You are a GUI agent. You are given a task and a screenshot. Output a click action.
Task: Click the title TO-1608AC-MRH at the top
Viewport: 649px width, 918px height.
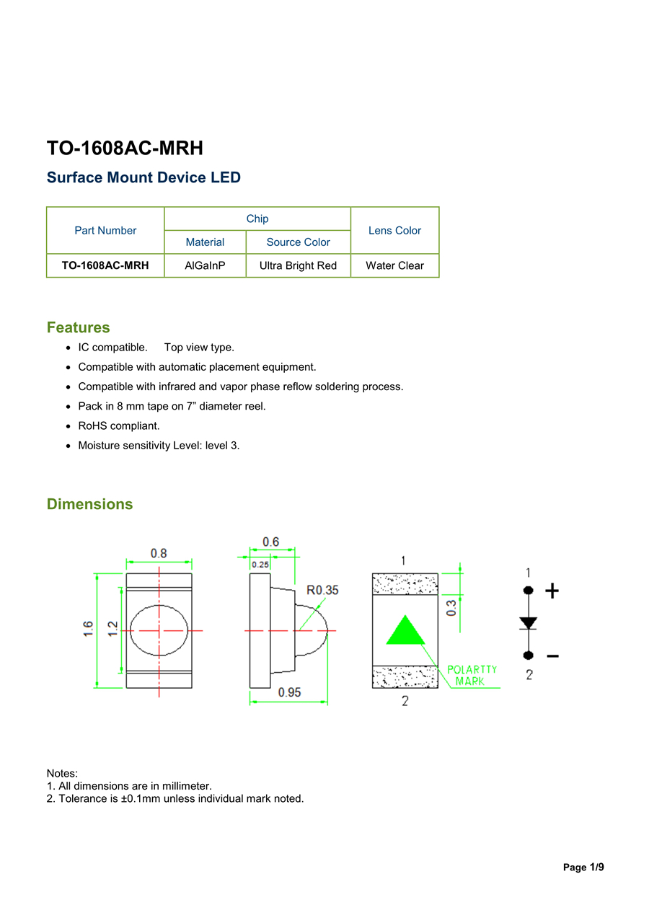(x=125, y=148)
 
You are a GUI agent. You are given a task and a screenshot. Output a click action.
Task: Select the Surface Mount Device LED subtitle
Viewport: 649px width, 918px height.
(x=144, y=177)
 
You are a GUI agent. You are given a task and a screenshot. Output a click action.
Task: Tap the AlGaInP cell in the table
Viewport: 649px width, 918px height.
(x=205, y=265)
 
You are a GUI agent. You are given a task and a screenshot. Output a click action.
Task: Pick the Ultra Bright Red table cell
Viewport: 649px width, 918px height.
(x=298, y=265)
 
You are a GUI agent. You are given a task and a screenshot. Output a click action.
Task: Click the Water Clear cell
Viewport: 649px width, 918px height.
(x=394, y=265)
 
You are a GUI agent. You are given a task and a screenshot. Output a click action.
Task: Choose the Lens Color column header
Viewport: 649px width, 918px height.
(x=394, y=231)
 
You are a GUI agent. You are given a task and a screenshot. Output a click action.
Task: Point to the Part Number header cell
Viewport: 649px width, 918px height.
(x=105, y=231)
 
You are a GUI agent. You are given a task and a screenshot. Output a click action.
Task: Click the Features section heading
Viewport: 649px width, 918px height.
(x=79, y=327)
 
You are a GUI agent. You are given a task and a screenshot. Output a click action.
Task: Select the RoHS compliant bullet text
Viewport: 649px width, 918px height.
(x=119, y=425)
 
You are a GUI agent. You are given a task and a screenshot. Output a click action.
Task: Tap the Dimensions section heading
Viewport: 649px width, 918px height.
(x=89, y=504)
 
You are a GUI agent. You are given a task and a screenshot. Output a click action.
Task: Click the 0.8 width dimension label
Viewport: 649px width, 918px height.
(x=159, y=553)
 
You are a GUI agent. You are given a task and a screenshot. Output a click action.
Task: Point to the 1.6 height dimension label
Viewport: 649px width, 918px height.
(x=88, y=629)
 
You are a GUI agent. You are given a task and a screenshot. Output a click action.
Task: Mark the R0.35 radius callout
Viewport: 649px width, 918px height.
(x=322, y=590)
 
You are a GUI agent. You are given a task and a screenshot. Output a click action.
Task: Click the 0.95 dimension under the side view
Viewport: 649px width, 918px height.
(x=289, y=692)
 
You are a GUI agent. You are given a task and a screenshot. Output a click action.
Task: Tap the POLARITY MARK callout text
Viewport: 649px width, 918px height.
(x=472, y=675)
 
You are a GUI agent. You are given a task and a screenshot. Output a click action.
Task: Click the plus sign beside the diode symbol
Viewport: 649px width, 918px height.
(x=552, y=591)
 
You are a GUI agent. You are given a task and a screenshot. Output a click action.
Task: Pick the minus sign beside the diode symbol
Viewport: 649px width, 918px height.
(x=552, y=656)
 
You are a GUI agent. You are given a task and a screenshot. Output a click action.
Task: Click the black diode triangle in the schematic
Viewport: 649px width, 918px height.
(x=529, y=622)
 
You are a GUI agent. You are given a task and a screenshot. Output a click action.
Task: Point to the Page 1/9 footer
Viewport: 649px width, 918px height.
(x=583, y=868)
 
